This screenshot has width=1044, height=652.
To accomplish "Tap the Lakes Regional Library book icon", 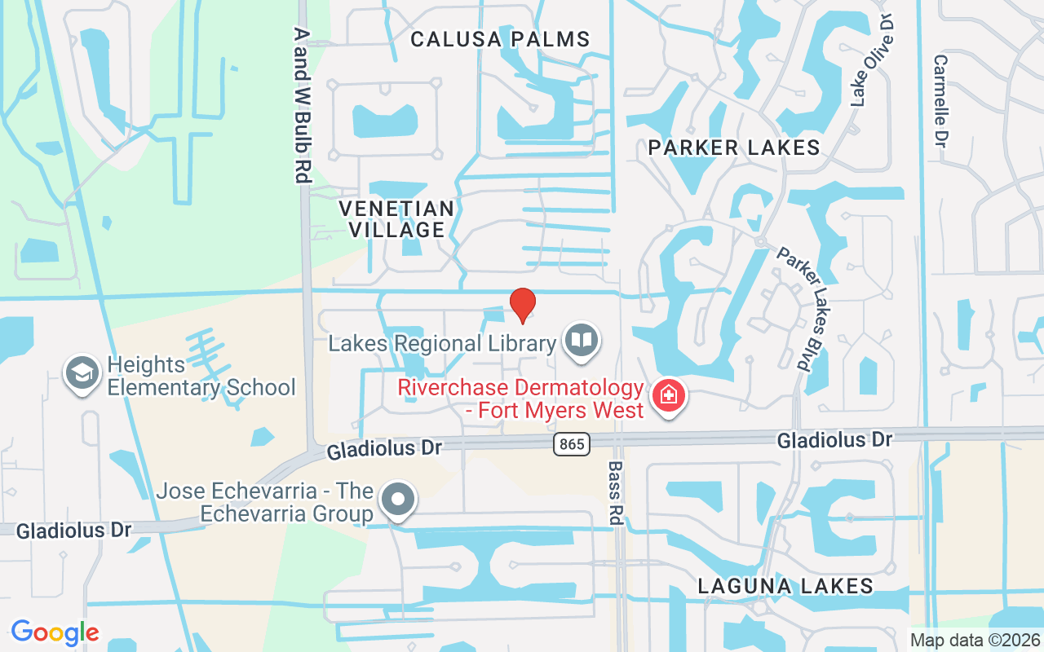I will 581,341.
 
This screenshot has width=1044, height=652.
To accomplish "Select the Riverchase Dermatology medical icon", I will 669,396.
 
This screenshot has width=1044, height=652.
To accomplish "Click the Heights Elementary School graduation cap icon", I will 82,373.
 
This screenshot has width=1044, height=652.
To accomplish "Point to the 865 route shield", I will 570,444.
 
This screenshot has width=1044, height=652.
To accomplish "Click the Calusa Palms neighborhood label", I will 500,38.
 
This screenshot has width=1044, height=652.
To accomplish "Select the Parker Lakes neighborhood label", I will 734,148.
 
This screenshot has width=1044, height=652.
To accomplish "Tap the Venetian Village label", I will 396,219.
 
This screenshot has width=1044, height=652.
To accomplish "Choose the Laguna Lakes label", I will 785,585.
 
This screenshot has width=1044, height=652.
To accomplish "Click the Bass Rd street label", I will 616,493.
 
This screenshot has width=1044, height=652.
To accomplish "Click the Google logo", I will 55,632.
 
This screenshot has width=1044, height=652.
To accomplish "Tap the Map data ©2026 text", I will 975,640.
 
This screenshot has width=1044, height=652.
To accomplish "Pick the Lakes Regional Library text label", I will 442,343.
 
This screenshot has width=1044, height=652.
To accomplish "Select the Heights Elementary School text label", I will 201,376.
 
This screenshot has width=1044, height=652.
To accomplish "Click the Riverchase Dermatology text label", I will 521,398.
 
